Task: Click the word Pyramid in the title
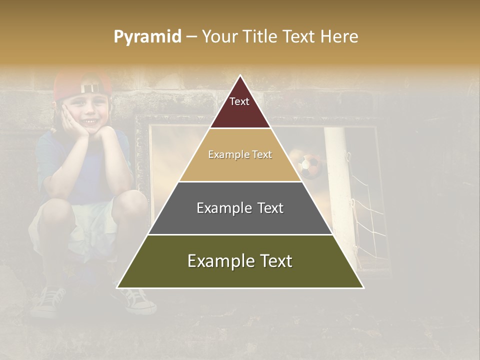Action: pyautogui.click(x=147, y=37)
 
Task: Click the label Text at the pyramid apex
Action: pyautogui.click(x=239, y=101)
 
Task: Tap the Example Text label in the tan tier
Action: pyautogui.click(x=240, y=154)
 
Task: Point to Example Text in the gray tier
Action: pyautogui.click(x=240, y=208)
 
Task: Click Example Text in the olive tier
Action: pyautogui.click(x=240, y=261)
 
